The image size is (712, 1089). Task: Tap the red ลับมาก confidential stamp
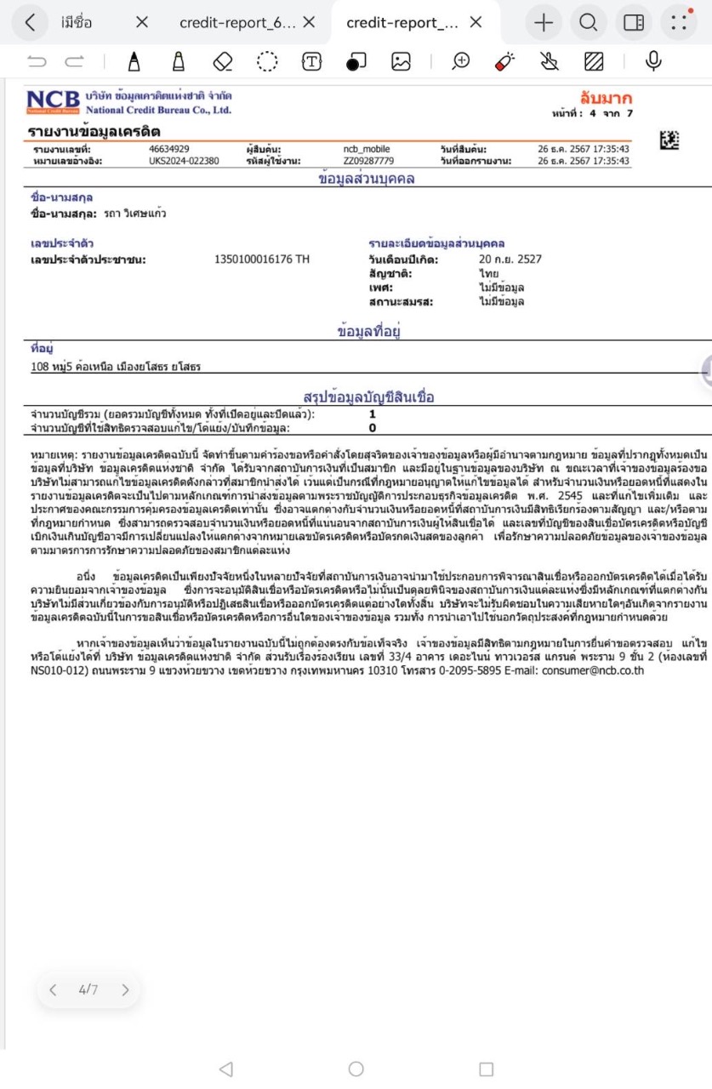pos(606,98)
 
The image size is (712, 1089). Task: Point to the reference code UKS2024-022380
pos(184,160)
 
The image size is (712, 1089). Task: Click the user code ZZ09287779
pos(368,160)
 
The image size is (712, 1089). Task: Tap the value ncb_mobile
pos(367,149)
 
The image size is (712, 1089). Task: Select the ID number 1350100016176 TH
pos(262,259)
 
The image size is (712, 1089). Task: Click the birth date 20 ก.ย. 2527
pos(510,259)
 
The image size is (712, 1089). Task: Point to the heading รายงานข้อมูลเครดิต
pos(94,132)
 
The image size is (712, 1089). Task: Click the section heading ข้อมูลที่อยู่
pos(368,333)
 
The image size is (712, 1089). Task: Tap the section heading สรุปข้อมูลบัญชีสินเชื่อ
pos(368,397)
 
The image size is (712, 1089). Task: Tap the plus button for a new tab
pos(543,23)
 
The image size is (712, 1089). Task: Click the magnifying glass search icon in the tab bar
pos(588,23)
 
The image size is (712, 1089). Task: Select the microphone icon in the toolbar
pos(653,61)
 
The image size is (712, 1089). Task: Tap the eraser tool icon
pos(223,61)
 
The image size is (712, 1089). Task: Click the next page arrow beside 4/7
pos(126,989)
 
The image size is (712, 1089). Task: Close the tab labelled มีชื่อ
pos(141,23)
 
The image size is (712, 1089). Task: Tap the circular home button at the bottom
pos(356,1069)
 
